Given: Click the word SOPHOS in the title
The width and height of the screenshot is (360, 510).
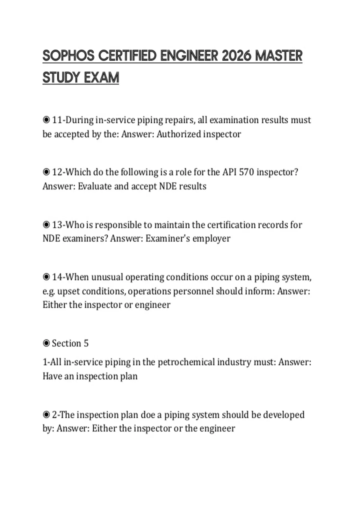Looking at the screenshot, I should [x=68, y=56].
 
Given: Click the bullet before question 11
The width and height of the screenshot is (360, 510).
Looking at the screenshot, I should [x=46, y=120].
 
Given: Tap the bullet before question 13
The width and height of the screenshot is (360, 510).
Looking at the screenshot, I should [x=46, y=225].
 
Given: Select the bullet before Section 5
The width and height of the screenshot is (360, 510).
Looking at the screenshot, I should [x=46, y=343].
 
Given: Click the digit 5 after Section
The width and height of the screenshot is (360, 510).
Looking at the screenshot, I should [x=86, y=343].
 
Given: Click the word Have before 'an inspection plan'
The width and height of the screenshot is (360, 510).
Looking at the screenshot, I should [x=52, y=376].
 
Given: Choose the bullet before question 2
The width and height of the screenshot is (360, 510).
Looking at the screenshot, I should [x=46, y=415].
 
